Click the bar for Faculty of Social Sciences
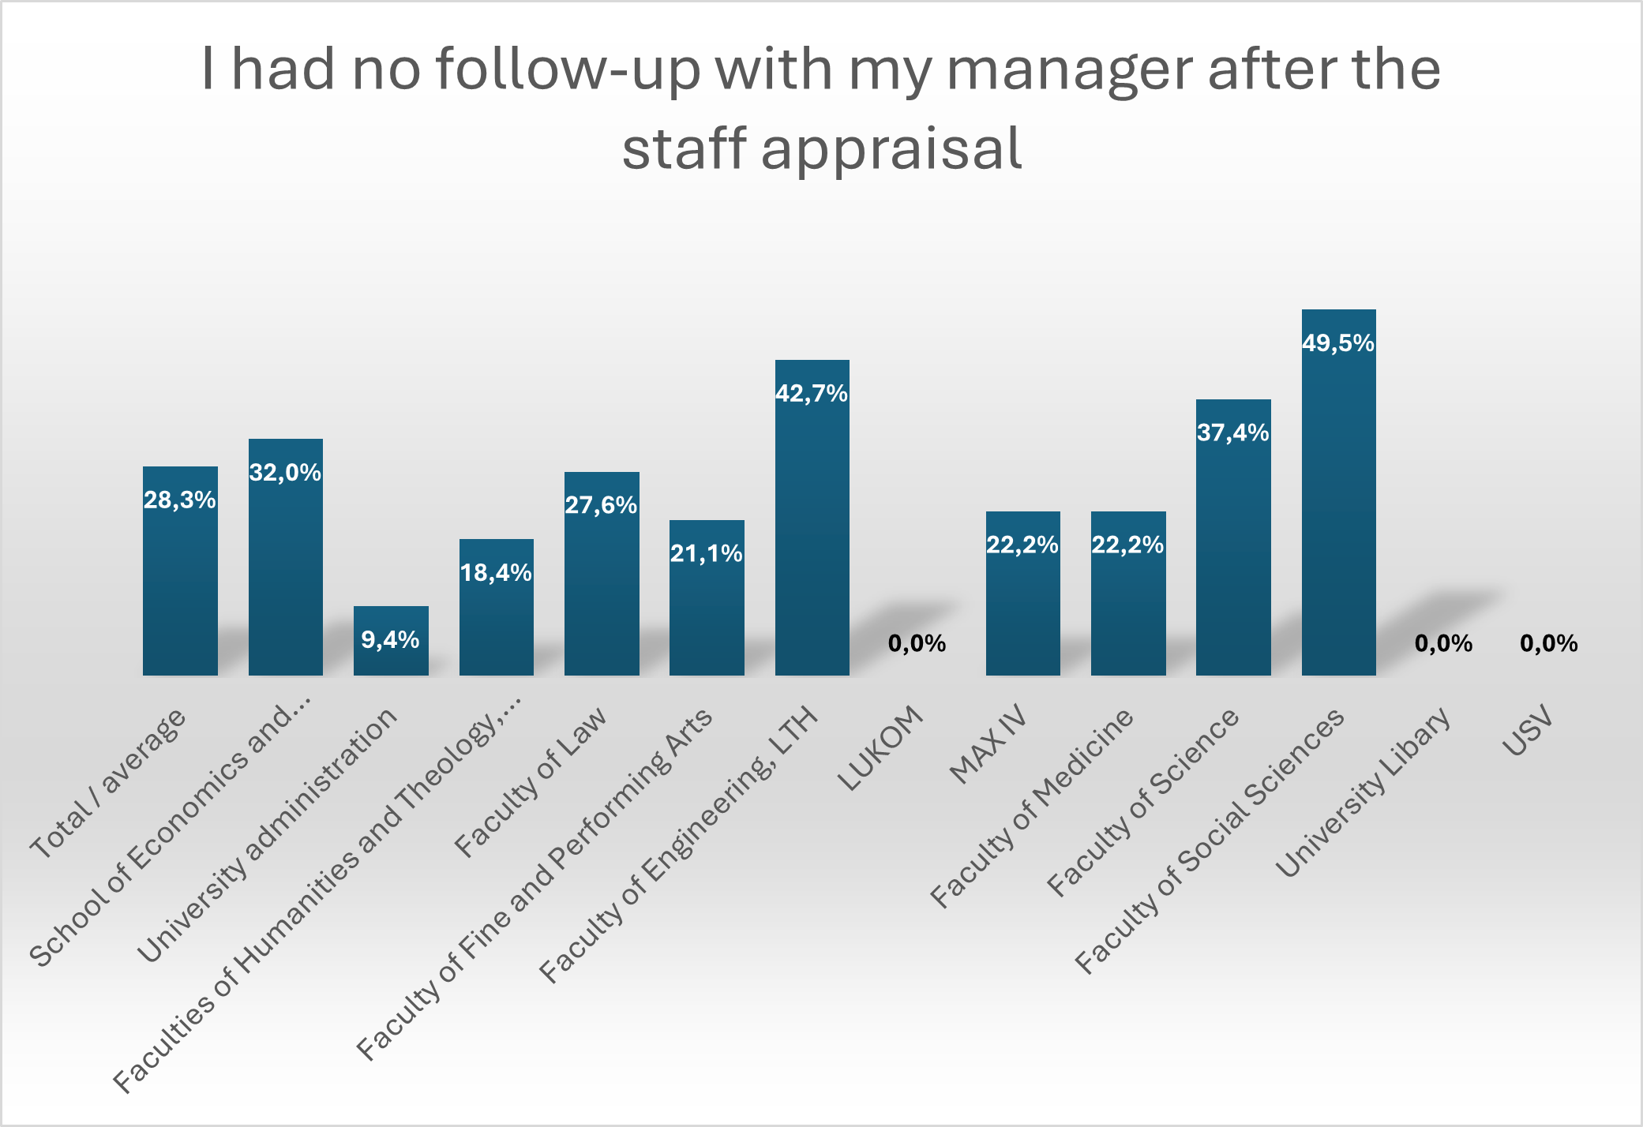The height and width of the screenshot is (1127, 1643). (1338, 505)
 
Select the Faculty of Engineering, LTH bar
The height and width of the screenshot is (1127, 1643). (812, 529)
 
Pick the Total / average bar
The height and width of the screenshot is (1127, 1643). (180, 584)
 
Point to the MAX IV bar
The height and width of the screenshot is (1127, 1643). (1022, 608)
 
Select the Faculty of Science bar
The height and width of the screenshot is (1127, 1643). (1233, 552)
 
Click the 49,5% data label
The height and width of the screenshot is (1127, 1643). (1338, 343)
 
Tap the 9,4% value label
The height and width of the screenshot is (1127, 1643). (390, 639)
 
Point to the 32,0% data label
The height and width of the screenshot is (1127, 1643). (285, 473)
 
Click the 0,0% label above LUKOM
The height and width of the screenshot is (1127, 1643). (917, 644)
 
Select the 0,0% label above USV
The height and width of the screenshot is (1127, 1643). (1548, 644)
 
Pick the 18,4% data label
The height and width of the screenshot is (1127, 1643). (496, 573)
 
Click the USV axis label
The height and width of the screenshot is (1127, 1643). (1528, 731)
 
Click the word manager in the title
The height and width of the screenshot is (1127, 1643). (1070, 69)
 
